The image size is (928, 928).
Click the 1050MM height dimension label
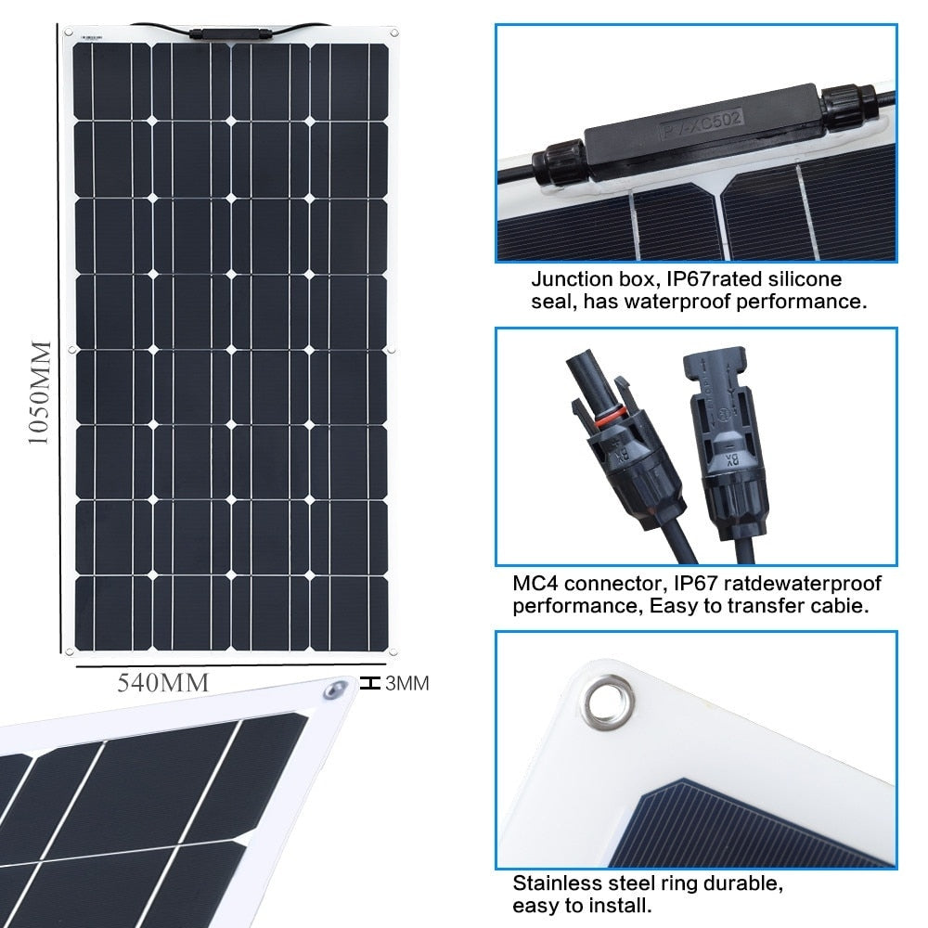[x=38, y=393]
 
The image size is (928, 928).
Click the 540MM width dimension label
[x=162, y=683]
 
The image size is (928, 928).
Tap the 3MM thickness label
[x=406, y=685]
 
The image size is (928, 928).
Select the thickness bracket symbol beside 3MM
[x=371, y=684]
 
